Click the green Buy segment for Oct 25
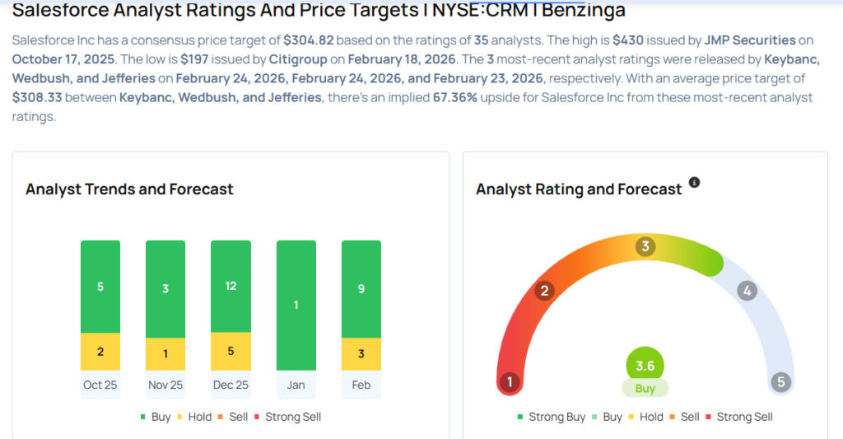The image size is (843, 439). (x=100, y=287)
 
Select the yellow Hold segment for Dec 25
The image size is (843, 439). (x=231, y=351)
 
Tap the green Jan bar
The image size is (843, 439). (x=296, y=305)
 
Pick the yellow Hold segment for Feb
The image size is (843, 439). (x=361, y=354)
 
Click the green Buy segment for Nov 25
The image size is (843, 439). (x=165, y=288)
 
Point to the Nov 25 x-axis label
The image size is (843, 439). (x=165, y=385)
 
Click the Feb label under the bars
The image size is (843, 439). (x=361, y=385)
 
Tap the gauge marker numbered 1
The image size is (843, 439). (x=510, y=381)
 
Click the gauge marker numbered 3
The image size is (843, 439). (x=646, y=246)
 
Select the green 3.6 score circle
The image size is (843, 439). (x=645, y=366)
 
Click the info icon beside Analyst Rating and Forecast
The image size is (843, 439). (x=694, y=182)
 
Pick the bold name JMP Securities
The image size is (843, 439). (x=750, y=40)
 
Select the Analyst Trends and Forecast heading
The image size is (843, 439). (x=129, y=189)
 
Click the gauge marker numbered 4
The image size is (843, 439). (x=747, y=290)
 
